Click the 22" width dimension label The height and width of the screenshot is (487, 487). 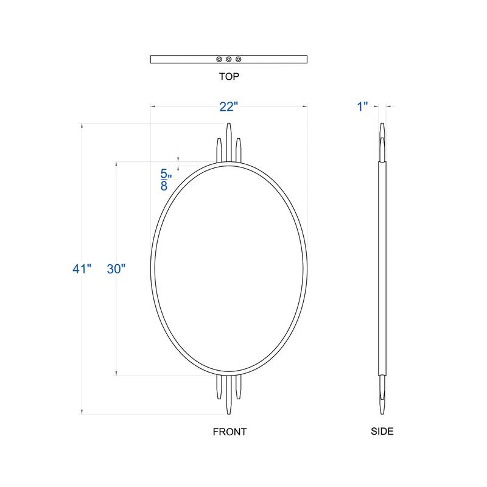(228, 107)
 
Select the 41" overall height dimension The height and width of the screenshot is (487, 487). (81, 268)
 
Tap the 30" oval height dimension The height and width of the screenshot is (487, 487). (116, 268)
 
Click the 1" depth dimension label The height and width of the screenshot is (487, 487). (363, 107)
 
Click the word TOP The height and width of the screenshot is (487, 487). (229, 77)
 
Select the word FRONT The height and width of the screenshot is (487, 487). (229, 432)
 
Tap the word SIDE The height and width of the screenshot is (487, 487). (382, 432)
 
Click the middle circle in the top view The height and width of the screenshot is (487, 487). (229, 59)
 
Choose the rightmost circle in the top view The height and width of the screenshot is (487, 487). (239, 59)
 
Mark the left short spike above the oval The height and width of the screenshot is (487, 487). (219, 150)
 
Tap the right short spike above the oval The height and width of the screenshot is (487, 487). (239, 150)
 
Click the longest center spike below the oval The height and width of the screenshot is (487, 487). (229, 396)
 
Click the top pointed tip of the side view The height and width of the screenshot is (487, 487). (382, 126)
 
